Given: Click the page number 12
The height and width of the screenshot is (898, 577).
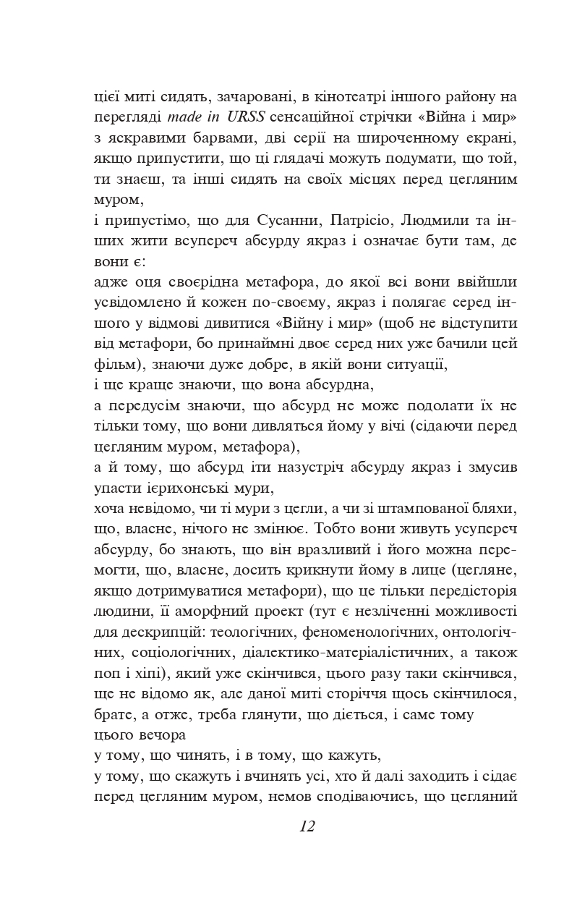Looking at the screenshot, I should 307,827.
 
